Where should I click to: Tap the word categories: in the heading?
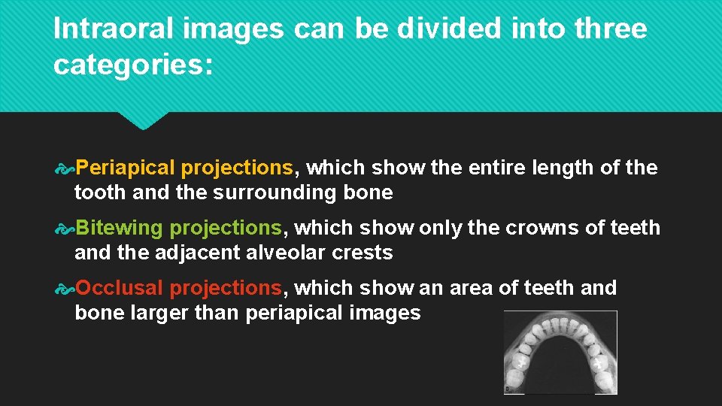coord(133,65)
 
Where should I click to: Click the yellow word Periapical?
coord(126,168)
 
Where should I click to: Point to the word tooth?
coord(100,193)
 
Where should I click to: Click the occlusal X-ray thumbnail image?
coord(560,352)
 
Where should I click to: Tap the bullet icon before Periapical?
coord(67,168)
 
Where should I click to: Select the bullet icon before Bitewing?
coord(67,228)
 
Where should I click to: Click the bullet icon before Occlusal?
coord(67,288)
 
